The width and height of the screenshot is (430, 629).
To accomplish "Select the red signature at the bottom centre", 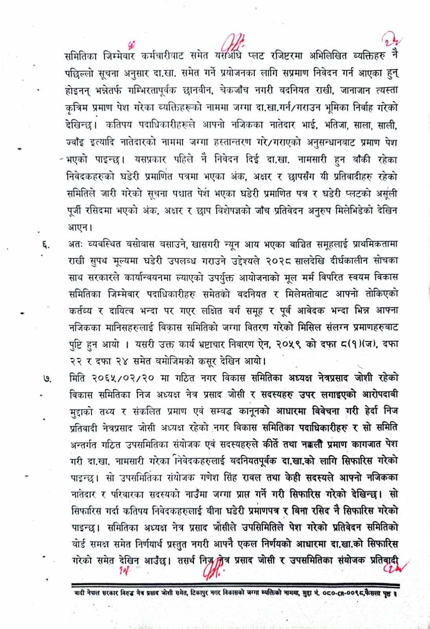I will (x=213, y=573).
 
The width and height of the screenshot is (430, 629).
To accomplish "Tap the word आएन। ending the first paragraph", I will (x=79, y=227).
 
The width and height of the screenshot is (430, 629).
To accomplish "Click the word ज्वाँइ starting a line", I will (x=75, y=143).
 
